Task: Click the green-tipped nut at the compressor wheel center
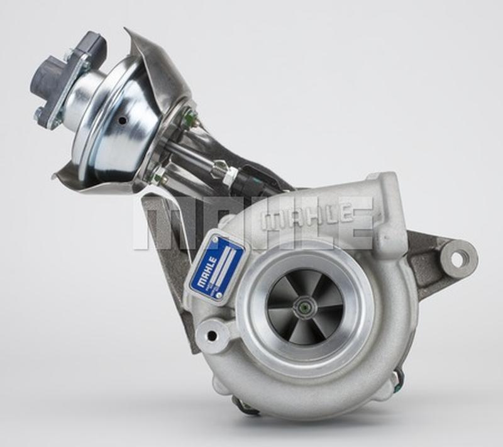pyautogui.click(x=304, y=308)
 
